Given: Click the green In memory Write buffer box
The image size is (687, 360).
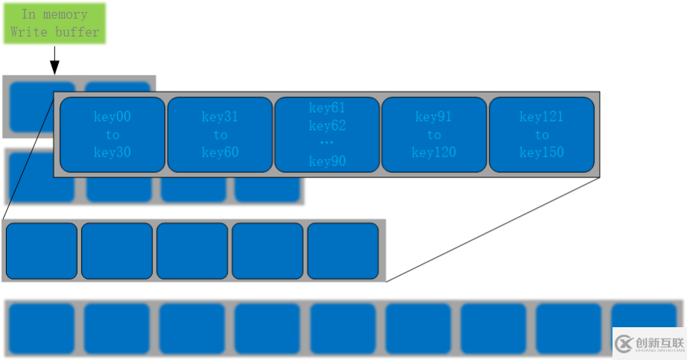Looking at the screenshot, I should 54,23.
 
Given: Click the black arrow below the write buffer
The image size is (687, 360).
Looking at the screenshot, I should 54,60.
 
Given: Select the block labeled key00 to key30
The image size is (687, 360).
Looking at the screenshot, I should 113,135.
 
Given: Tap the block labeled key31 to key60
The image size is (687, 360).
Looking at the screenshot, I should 220,135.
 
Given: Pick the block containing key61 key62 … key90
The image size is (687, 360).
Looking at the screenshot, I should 327,135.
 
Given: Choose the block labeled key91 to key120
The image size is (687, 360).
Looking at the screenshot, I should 434,135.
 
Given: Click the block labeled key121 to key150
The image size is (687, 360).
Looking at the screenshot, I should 542,135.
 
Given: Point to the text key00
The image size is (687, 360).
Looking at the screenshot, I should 113,117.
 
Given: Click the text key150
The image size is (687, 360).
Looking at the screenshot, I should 542,153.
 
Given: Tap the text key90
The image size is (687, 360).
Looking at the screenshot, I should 327,161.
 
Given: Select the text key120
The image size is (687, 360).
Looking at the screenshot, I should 434,153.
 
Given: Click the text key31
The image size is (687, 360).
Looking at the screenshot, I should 220,117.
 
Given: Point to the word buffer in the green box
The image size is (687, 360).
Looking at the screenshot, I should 77,32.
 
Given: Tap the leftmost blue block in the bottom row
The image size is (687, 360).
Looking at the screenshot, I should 42,329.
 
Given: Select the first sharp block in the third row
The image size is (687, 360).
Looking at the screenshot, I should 42,250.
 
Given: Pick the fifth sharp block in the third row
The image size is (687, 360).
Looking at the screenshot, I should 343,250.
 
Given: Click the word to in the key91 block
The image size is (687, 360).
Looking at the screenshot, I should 434,135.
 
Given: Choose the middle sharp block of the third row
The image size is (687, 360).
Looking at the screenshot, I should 192,250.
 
